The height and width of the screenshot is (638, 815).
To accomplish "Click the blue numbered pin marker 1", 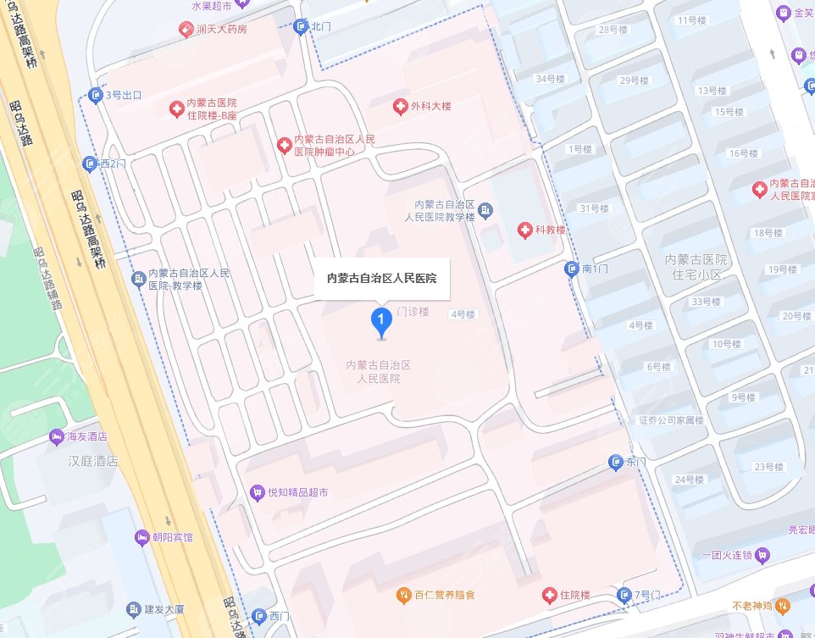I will (x=382, y=321).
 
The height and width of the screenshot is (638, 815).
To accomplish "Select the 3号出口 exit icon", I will (x=95, y=95).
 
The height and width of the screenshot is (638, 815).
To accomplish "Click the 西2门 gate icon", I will (x=90, y=163).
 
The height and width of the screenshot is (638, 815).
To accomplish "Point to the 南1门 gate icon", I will (x=572, y=269).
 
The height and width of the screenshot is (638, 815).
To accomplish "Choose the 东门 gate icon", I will (x=616, y=462).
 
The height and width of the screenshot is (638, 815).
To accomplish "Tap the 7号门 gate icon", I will (x=624, y=595).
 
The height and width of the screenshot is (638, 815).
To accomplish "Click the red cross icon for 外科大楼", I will (x=400, y=107).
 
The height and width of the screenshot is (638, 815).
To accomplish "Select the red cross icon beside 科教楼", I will (x=525, y=230).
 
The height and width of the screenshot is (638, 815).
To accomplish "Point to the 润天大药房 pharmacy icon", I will (x=184, y=30).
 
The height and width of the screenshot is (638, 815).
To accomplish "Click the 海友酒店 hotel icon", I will (x=56, y=436).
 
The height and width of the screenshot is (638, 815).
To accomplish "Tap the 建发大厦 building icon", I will (x=133, y=609).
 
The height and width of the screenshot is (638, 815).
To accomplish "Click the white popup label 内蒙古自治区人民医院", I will (x=381, y=277).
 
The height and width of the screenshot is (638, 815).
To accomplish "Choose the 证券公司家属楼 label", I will (x=671, y=420).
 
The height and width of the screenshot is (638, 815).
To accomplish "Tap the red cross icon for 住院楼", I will (x=551, y=595).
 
